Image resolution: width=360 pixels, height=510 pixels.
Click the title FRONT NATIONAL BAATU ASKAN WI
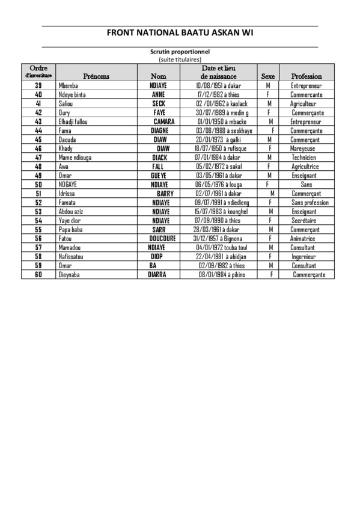[180, 33]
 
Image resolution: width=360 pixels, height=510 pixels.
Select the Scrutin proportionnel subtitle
[180, 52]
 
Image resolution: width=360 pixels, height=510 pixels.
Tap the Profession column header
[307, 76]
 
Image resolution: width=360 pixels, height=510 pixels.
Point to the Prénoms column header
[96, 76]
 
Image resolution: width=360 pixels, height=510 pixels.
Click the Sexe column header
[268, 76]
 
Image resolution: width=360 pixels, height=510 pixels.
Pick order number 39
[38, 86]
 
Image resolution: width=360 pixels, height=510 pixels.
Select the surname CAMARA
[164, 121]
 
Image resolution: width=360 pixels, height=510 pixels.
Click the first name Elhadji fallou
[73, 121]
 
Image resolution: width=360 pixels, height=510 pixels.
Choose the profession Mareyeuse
[303, 149]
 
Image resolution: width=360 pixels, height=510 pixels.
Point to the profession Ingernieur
[304, 257]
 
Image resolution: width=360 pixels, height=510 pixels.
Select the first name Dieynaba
[70, 275]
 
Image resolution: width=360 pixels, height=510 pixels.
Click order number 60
[38, 275]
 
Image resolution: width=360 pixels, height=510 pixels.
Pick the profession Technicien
[304, 158]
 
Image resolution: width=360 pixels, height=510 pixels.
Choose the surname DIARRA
[152, 275]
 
